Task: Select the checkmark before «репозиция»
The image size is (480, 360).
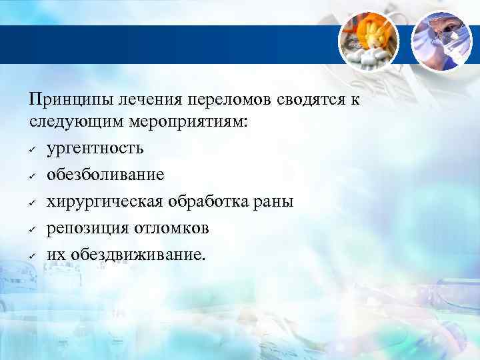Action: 32,228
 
